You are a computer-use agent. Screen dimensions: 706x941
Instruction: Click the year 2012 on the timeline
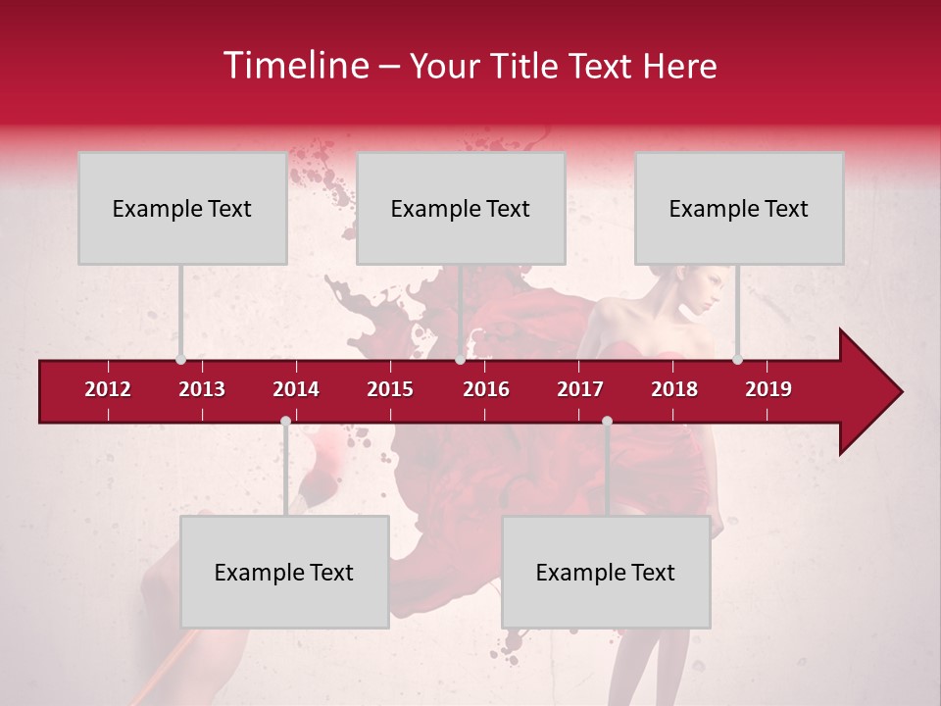coord(108,389)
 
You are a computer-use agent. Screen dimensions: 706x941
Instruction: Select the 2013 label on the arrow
coord(202,389)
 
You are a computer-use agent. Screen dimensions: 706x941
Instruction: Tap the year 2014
coord(296,389)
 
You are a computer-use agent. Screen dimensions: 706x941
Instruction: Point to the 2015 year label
coord(390,389)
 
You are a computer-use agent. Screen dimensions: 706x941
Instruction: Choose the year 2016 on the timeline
coord(486,389)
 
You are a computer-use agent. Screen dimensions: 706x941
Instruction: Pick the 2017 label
coord(580,389)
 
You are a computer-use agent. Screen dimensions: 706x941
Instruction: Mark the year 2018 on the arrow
coord(674,389)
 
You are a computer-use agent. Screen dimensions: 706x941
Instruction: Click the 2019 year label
coord(768,389)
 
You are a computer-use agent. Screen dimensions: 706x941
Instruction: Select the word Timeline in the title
coord(293,66)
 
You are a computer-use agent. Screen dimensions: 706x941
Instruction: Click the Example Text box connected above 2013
coord(182,208)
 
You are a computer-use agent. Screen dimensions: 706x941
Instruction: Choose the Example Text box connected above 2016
coord(461,208)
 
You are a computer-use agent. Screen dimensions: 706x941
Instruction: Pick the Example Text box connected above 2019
coord(739,208)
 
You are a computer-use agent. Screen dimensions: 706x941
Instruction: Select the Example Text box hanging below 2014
coord(284,572)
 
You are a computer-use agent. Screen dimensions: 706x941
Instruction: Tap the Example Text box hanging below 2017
coord(606,572)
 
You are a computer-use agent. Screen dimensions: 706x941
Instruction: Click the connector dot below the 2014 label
coord(285,421)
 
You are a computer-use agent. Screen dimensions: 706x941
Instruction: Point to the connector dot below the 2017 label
coord(607,421)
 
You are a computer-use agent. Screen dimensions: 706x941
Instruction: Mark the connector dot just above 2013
coord(180,359)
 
